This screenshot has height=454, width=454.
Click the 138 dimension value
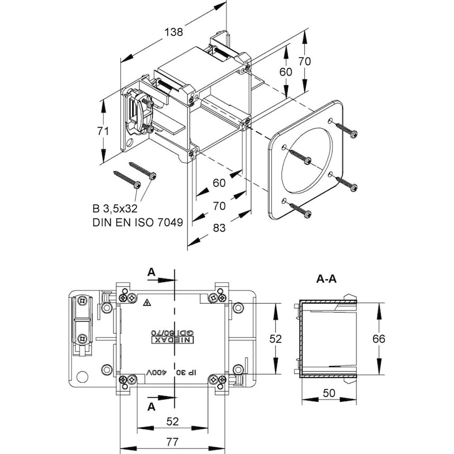pyautogui.click(x=174, y=32)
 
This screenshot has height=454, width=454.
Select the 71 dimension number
pyautogui.click(x=103, y=131)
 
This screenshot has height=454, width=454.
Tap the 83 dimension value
pyautogui.click(x=219, y=228)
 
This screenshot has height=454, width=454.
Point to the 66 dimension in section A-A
pyautogui.click(x=379, y=339)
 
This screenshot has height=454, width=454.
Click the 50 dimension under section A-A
pyautogui.click(x=329, y=393)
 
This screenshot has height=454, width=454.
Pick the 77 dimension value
pyautogui.click(x=173, y=442)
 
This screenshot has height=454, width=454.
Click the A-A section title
pyautogui.click(x=326, y=279)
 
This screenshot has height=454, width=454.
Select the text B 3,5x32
pyautogui.click(x=115, y=209)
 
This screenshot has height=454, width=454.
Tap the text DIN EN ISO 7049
pyautogui.click(x=138, y=222)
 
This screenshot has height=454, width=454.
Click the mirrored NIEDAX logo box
pyautogui.click(x=173, y=340)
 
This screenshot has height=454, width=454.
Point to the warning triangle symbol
pyautogui.click(x=148, y=303)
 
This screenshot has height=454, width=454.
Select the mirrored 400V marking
pyautogui.click(x=155, y=372)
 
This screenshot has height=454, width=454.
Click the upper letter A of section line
pyautogui.click(x=152, y=272)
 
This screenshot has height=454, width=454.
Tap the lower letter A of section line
pyautogui.click(x=152, y=407)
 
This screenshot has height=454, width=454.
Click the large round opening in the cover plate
pyautogui.click(x=306, y=160)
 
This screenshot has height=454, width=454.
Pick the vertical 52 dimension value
pyautogui.click(x=275, y=339)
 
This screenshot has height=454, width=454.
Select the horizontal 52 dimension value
pyautogui.click(x=173, y=422)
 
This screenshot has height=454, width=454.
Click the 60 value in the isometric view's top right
pyautogui.click(x=286, y=72)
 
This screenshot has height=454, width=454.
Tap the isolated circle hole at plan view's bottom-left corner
pyautogui.click(x=82, y=377)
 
